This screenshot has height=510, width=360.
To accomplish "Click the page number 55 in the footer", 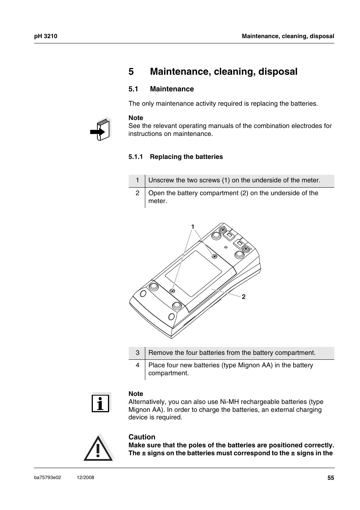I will (331, 478).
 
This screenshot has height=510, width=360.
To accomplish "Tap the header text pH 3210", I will (45, 36).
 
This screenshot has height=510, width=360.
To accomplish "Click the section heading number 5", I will (131, 71).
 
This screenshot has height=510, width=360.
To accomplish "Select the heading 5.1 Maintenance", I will (161, 89).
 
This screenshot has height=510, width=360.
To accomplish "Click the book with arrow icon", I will (100, 129).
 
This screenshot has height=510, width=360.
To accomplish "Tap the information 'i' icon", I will (100, 403).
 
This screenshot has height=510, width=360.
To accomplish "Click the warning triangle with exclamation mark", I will (98, 448).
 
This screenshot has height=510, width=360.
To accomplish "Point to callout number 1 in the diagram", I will (192, 226).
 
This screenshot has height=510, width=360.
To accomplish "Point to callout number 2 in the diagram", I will (244, 297).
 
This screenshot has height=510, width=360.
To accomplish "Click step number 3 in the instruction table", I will (137, 353).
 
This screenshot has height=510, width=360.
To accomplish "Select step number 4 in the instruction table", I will (137, 365).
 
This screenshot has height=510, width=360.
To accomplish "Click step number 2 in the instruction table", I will (137, 193).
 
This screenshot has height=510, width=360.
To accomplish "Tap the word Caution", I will (142, 437).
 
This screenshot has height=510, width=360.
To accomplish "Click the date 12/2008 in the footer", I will (85, 478).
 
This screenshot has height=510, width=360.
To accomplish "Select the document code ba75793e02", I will (48, 478).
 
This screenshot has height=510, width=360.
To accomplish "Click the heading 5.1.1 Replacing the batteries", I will (175, 157).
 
